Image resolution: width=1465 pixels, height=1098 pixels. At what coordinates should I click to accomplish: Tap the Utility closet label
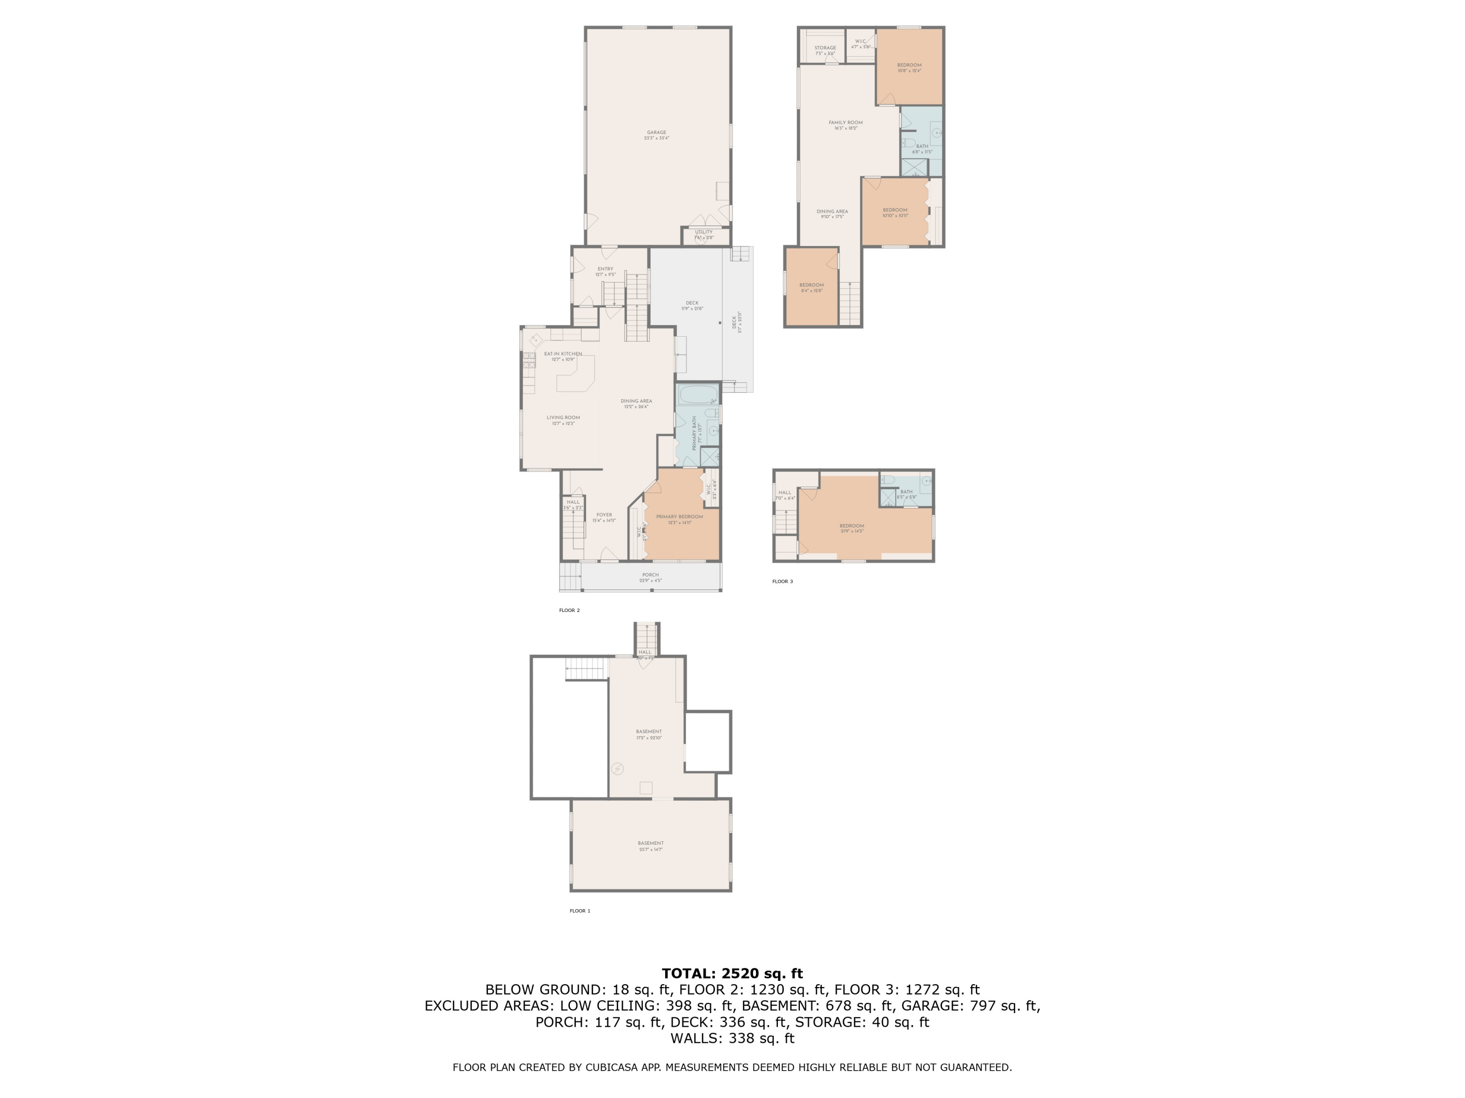pos(703,232)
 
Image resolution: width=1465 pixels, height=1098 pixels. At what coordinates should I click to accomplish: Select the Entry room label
pos(605,269)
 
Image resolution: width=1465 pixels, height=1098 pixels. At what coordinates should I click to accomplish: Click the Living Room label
pos(563,418)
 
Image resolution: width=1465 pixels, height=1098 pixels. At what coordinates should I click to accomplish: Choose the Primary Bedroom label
pos(680,517)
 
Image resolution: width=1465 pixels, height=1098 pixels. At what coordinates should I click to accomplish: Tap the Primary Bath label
pos(694,433)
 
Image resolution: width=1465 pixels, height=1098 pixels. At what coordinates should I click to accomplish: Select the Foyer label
pos(604,515)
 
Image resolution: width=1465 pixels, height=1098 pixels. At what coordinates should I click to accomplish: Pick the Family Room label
pos(845,122)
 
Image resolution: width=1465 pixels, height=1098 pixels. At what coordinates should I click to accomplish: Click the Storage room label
pos(825,48)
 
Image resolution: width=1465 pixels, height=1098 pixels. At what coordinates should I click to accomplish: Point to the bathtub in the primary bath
pos(697,395)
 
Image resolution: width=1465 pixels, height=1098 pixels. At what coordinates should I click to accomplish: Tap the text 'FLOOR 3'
pos(782,582)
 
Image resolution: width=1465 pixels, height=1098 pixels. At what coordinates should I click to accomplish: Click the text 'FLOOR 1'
pos(580,911)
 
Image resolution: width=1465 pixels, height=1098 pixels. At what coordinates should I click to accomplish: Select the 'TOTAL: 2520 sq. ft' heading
pos(732,974)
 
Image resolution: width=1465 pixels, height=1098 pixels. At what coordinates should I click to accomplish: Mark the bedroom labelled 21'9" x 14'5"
pos(852,526)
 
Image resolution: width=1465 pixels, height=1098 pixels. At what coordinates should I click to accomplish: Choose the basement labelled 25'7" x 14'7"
pos(650,844)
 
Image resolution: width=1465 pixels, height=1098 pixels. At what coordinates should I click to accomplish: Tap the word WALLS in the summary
pos(697,1038)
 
